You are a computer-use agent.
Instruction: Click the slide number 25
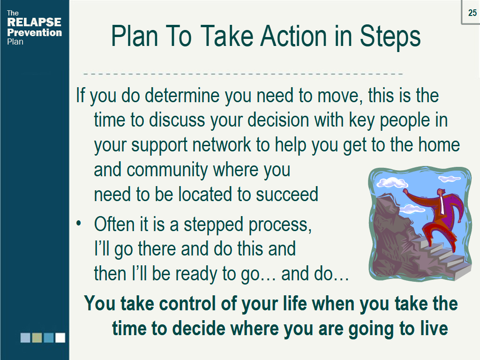tap(472, 13)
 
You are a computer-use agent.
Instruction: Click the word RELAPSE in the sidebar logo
tap(34, 22)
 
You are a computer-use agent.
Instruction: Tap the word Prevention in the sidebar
tap(35, 32)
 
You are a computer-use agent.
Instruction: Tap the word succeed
tap(287, 195)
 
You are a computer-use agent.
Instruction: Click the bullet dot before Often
tap(79, 223)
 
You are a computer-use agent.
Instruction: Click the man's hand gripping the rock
tap(405, 191)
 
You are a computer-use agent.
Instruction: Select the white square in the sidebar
tap(60, 337)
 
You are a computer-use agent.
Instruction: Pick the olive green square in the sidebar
tap(37, 337)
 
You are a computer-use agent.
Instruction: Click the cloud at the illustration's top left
tap(392, 182)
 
